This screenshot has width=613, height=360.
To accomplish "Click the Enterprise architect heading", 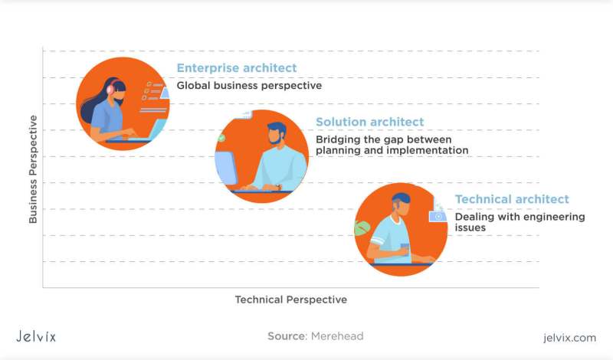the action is [x=237, y=68].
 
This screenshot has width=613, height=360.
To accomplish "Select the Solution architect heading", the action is [x=370, y=122].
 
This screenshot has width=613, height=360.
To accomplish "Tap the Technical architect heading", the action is [x=512, y=199].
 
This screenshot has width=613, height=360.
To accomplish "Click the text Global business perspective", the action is [x=250, y=86].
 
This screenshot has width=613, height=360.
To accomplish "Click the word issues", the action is [x=470, y=227].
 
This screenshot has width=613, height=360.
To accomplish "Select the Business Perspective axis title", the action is [x=33, y=169].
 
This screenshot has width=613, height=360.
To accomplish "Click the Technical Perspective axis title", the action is [x=291, y=299].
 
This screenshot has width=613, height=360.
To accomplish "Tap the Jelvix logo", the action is [x=36, y=336].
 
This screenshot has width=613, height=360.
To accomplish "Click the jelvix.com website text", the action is [x=569, y=338].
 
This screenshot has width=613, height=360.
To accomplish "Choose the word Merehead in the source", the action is [x=337, y=336].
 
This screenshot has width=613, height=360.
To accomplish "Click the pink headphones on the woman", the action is [x=110, y=89].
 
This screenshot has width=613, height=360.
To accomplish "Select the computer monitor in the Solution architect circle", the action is [x=226, y=168].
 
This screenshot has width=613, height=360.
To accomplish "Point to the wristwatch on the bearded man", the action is [x=278, y=187].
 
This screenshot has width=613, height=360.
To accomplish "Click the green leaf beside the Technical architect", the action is [x=362, y=228].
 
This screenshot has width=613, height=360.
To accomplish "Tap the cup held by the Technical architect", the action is [x=405, y=250].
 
